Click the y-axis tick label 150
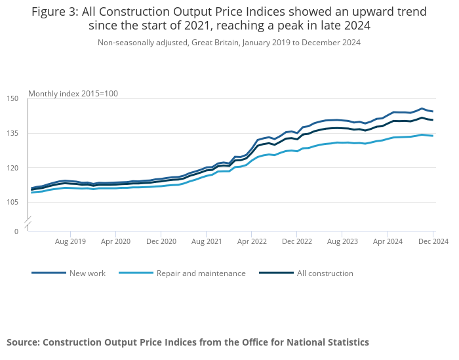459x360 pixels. [x=12, y=98]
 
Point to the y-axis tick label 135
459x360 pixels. [x=12, y=133]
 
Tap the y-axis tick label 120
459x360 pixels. [x=12, y=167]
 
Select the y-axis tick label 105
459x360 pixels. [x=12, y=201]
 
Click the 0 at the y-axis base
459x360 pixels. [x=16, y=231]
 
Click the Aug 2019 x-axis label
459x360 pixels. [x=70, y=241]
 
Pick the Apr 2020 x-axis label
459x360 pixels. [x=115, y=241]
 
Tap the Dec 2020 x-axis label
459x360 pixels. [x=161, y=241]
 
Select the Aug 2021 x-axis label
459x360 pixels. [x=206, y=241]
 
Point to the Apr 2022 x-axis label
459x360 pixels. [x=251, y=241]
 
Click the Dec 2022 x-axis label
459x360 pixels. [x=296, y=241]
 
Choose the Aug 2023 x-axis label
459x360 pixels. [x=342, y=241]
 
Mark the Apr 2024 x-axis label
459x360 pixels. [x=387, y=241]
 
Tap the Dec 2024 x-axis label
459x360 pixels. [x=433, y=241]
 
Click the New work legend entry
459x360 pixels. [x=87, y=273]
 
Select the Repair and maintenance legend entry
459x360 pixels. [x=201, y=273]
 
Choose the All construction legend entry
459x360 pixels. [x=325, y=273]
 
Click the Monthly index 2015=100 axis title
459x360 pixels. [x=73, y=94]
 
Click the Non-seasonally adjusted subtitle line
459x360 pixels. [x=229, y=43]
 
